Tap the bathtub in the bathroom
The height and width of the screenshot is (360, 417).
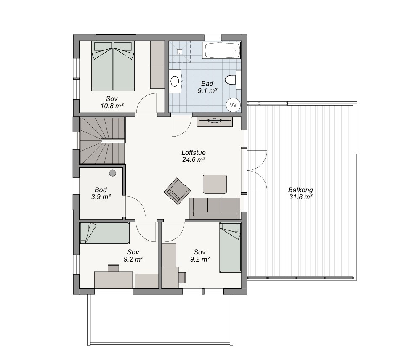click(221, 50)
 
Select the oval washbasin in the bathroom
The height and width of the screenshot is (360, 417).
click(175, 81)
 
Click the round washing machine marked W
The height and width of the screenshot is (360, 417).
click(233, 105)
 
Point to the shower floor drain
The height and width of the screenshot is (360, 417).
click(180, 51)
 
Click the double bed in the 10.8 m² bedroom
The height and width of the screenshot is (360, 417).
click(113, 66)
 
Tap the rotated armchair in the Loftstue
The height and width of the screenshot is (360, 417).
click(177, 191)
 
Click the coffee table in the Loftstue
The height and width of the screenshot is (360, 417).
click(215, 184)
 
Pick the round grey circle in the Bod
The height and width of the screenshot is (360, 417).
click(112, 173)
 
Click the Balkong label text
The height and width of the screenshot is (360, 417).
click(300, 190)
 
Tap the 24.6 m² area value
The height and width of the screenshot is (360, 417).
click(194, 159)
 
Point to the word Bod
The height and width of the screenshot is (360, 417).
click(101, 190)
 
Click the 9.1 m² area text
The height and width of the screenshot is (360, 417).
click(207, 91)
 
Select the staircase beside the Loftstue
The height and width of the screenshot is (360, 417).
click(102, 141)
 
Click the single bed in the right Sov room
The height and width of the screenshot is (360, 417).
click(230, 248)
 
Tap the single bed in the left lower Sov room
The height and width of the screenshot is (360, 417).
click(104, 233)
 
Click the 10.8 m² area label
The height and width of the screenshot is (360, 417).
click(112, 106)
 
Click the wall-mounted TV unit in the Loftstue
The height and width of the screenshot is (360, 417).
click(215, 122)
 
